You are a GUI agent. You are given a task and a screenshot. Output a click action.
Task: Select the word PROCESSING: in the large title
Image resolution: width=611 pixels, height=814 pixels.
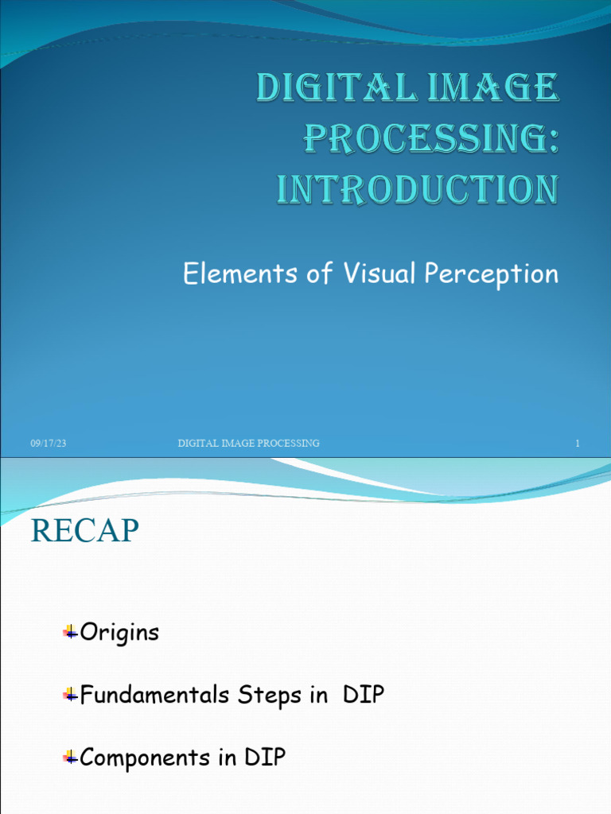(430, 139)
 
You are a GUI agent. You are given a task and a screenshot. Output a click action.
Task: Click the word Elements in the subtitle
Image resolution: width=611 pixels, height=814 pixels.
(228, 274)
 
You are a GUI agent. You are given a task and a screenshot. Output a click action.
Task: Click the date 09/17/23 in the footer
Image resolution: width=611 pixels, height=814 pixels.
(48, 444)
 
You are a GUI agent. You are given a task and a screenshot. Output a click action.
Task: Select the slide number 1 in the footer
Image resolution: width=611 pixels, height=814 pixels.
(578, 444)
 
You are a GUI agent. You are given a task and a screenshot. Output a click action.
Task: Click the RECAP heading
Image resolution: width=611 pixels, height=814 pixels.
(85, 532)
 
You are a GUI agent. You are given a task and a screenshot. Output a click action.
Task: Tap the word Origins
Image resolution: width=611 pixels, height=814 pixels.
(119, 634)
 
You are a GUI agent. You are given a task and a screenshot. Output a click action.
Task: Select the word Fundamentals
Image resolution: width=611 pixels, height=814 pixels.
(155, 696)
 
